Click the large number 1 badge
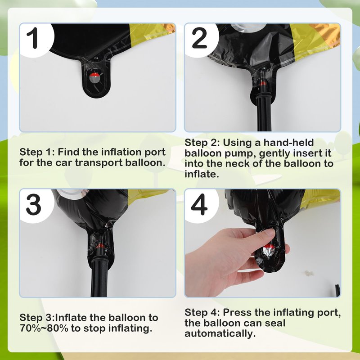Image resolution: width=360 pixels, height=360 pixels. (35, 38)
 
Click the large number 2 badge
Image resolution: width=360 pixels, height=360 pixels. (199, 38)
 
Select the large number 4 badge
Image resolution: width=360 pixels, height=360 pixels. (199, 204)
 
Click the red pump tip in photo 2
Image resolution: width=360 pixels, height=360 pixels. (262, 83)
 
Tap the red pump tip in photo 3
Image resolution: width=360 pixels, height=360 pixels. (100, 246)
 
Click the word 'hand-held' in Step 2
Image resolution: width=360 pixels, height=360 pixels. (288, 142)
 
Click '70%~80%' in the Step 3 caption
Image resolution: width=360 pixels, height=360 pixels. (44, 328)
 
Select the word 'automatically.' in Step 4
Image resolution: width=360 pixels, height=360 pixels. (220, 334)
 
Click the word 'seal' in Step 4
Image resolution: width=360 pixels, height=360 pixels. (275, 323)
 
